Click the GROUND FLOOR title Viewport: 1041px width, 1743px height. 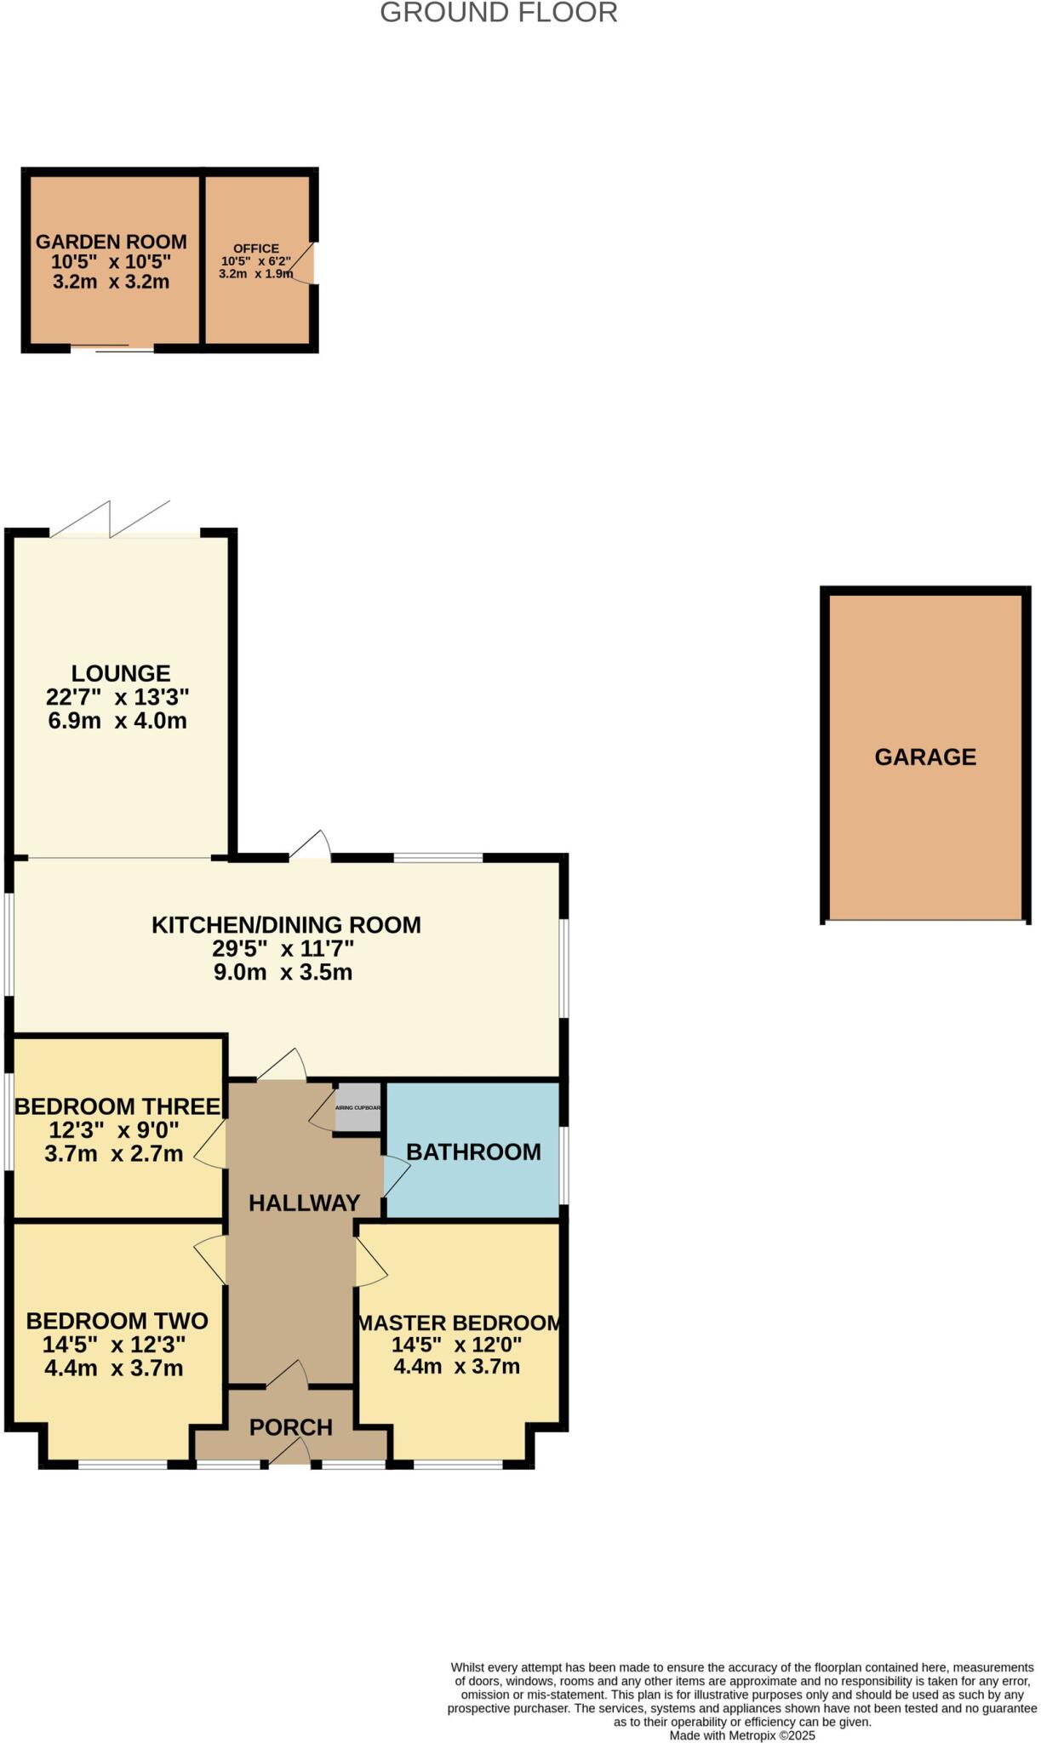coord(498,13)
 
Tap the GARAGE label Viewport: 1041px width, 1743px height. coord(925,757)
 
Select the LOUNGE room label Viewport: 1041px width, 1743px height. coord(121,673)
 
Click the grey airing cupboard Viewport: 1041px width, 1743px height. coord(357,1107)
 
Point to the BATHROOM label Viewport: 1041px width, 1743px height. coord(473,1152)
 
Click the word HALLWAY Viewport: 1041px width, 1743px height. coord(304,1203)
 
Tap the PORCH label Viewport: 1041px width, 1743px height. coord(291,1427)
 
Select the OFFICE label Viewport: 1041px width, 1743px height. coord(256,249)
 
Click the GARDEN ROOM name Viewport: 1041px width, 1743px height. coord(112,242)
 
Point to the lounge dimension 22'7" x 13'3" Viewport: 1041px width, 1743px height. coord(117,697)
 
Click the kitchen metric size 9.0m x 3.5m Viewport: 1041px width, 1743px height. coord(283,972)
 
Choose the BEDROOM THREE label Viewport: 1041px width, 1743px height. coord(117,1106)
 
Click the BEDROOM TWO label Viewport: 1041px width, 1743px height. coord(117,1321)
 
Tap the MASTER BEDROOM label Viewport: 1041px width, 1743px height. coord(460,1323)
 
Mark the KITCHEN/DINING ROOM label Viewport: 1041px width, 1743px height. coord(286,924)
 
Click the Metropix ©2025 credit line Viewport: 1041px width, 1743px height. coord(742,1735)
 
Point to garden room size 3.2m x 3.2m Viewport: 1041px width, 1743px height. coord(112,282)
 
